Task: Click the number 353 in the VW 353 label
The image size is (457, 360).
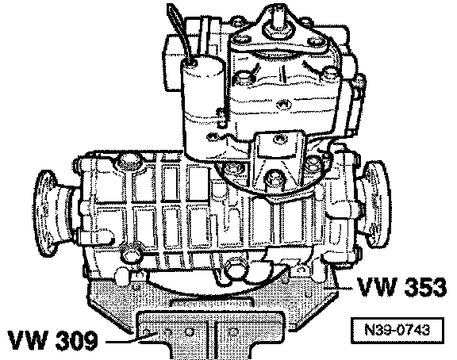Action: (422, 287)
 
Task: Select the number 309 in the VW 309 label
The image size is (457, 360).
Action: (76, 340)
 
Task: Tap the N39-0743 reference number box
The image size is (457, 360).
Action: (397, 331)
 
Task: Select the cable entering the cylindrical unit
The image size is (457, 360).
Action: (179, 32)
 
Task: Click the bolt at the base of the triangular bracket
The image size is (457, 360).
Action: (275, 178)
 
